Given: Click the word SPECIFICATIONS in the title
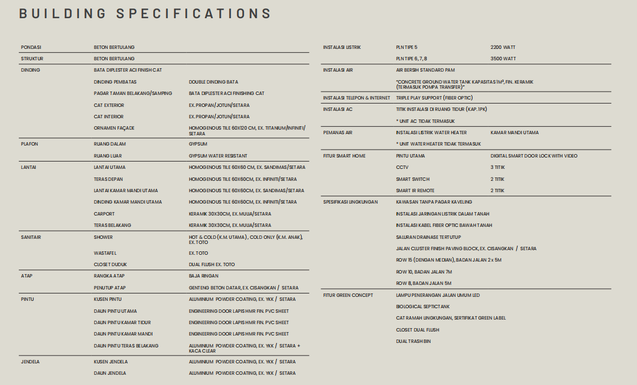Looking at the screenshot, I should [194, 14].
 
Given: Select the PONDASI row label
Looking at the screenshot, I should [31, 47].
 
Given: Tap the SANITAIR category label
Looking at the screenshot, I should [31, 237].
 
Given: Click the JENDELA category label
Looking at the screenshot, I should [30, 362].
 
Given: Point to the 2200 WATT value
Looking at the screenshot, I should [503, 47].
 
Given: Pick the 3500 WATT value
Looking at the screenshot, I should [503, 59].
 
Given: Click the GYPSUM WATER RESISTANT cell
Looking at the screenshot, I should [218, 156].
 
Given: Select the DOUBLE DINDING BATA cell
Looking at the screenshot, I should [213, 82].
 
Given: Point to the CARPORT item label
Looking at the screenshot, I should [104, 214].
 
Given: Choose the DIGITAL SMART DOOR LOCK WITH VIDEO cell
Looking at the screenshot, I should [534, 156].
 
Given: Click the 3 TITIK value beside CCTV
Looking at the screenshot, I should [498, 167].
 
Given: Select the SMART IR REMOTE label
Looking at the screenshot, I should [415, 191].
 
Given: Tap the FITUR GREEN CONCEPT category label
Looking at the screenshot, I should [348, 295].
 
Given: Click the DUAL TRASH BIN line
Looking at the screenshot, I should [413, 341].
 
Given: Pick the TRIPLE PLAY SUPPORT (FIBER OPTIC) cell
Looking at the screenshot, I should [434, 98].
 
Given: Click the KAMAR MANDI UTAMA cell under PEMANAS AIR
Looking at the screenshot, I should [515, 133].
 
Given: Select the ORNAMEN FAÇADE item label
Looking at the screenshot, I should [114, 128].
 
